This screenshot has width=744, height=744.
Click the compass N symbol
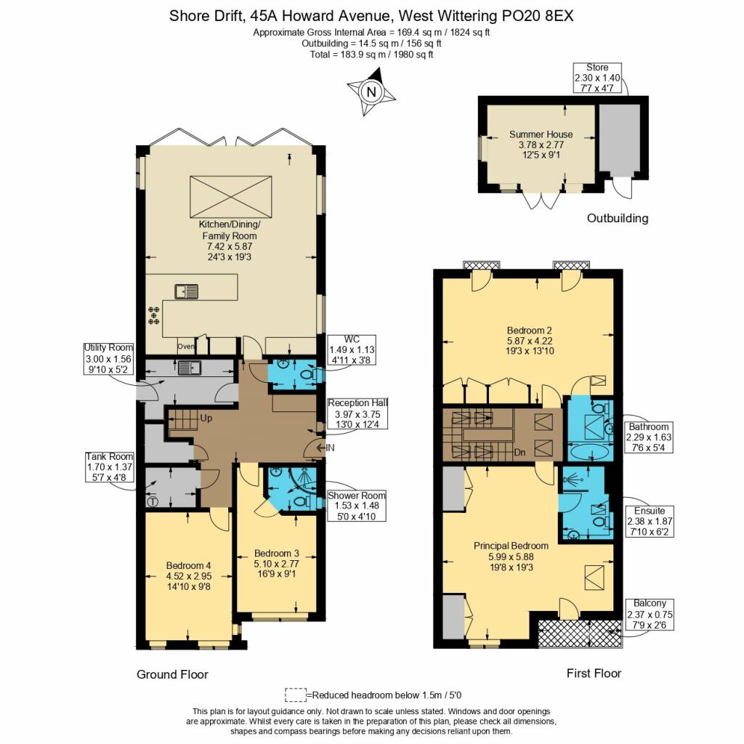click(x=371, y=92)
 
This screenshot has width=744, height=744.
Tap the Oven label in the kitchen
click(x=185, y=347)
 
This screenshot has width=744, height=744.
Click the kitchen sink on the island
click(x=187, y=291)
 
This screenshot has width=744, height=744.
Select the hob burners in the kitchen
click(x=154, y=315)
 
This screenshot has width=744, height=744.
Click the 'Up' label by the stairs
click(x=206, y=418)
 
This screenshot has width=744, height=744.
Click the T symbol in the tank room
click(x=153, y=501)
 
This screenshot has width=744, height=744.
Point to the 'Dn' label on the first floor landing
click(x=519, y=453)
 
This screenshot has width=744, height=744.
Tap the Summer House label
click(x=541, y=134)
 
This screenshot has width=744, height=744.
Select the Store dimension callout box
click(x=597, y=78)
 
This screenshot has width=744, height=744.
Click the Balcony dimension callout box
click(x=650, y=615)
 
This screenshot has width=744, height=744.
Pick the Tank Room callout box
click(x=109, y=467)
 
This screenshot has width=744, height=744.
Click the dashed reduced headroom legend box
click(x=296, y=695)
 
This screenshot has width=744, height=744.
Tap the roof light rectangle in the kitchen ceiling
click(x=231, y=197)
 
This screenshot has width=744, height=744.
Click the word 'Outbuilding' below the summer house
click(x=618, y=218)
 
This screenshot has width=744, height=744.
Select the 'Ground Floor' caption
click(x=172, y=674)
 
